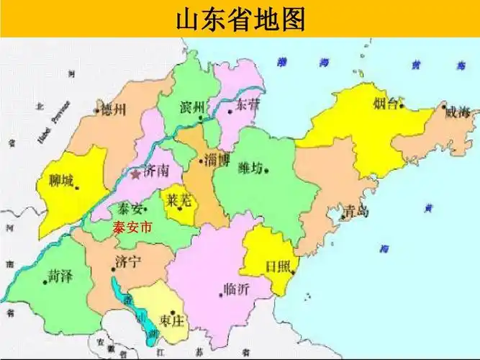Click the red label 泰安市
[134, 228]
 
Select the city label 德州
[114, 109]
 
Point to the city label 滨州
[192, 107]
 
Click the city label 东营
[248, 105]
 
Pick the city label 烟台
[386, 103]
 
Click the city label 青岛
[356, 211]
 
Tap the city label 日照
[277, 266]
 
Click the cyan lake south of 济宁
[148, 324]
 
